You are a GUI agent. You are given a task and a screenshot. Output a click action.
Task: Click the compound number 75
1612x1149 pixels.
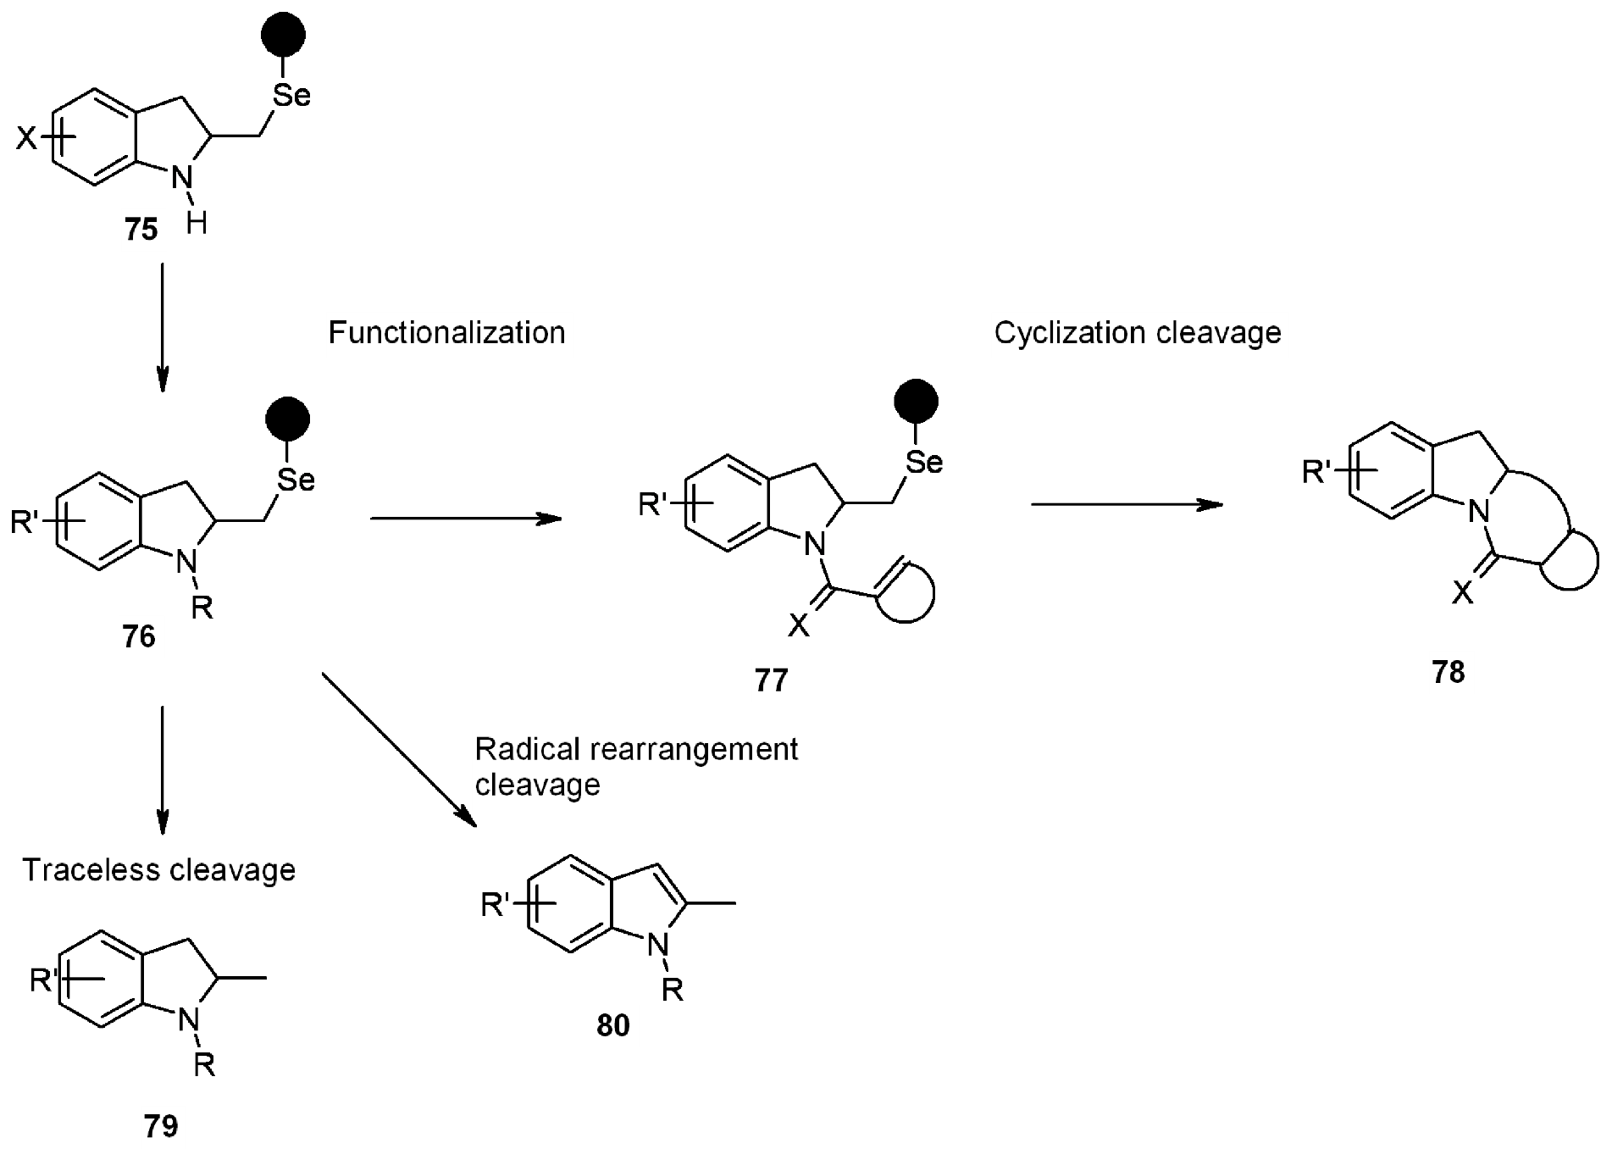coord(142,230)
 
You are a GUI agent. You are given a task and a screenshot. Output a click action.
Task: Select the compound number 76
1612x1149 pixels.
coord(141,637)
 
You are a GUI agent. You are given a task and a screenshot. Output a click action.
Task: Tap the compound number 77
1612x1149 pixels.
coord(773,680)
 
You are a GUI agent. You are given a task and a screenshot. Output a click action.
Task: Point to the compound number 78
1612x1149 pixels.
coord(1450,673)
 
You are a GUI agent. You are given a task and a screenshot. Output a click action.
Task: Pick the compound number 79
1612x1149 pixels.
coord(162,1126)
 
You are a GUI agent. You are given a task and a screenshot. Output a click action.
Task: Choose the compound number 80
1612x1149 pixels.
coord(615,1026)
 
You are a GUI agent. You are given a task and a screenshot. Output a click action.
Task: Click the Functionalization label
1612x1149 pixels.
coord(448,334)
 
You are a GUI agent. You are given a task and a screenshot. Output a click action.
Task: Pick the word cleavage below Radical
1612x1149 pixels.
coord(538,785)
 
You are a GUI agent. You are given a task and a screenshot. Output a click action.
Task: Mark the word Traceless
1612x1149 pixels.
coord(91,871)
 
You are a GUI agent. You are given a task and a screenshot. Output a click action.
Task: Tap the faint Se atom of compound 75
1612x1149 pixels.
coord(292,96)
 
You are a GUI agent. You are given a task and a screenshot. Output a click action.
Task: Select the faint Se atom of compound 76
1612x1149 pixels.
coord(296,481)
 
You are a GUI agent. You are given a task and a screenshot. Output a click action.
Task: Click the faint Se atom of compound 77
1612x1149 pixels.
coord(924,463)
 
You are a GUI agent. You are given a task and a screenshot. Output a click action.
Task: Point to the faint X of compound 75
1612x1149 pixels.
coord(26,138)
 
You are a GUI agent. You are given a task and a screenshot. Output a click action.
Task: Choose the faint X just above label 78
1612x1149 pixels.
coord(1461,592)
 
